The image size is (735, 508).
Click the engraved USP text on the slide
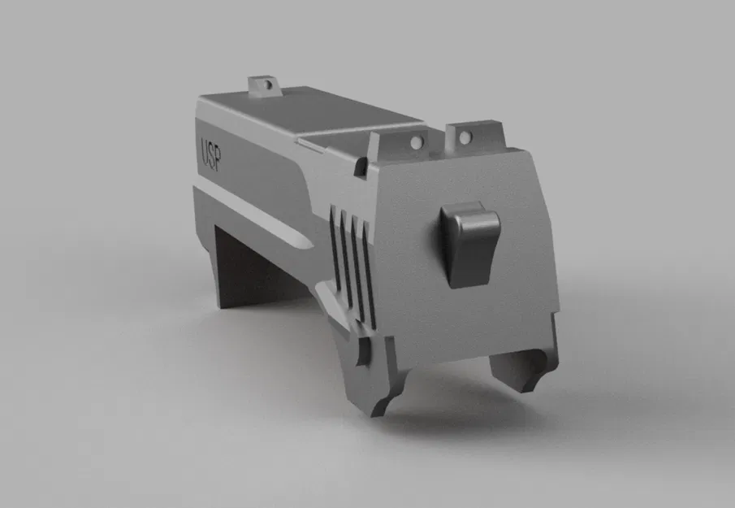pyautogui.click(x=215, y=151)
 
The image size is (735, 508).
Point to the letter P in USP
pyautogui.click(x=225, y=154)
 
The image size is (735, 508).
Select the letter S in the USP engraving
pyautogui.click(x=215, y=151)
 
